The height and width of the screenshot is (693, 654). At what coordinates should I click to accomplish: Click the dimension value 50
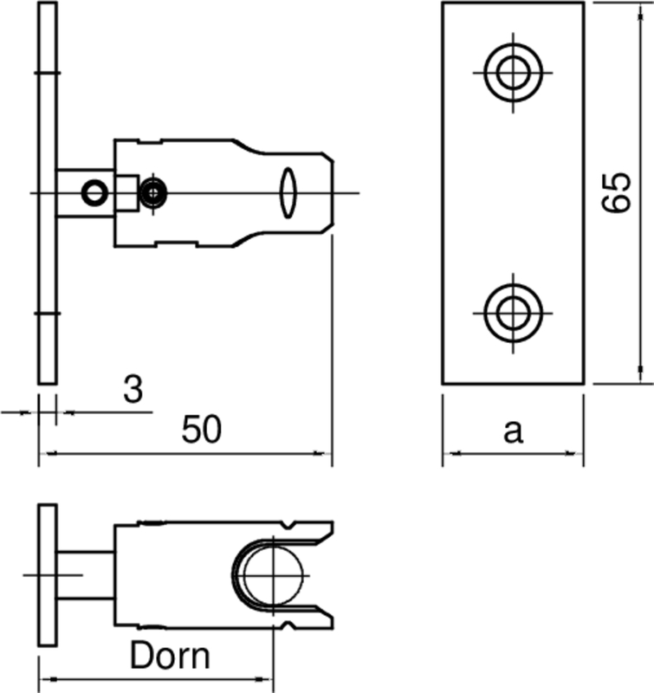(x=202, y=431)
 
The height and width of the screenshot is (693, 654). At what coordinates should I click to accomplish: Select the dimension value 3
(x=132, y=390)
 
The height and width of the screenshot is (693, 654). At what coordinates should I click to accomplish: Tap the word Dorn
(x=170, y=656)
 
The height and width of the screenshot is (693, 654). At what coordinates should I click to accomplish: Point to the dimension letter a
(x=514, y=431)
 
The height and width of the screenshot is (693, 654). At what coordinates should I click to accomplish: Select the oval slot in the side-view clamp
(x=288, y=191)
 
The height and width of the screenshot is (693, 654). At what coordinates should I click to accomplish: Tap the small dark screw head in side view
(x=153, y=192)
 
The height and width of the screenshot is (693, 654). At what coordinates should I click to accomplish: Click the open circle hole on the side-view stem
(x=93, y=192)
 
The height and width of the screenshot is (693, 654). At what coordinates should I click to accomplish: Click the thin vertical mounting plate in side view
(x=47, y=191)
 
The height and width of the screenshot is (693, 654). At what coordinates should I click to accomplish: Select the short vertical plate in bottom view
(x=47, y=574)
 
